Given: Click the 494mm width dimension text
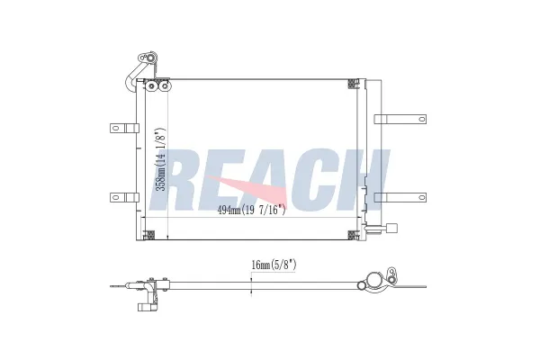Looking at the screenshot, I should tap(251, 211).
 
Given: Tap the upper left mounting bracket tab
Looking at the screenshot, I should tap(121, 127).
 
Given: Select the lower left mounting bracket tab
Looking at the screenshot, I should tap(121, 196).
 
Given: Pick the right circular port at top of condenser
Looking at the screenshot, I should tap(165, 86).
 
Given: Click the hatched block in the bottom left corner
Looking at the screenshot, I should tap(150, 236).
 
